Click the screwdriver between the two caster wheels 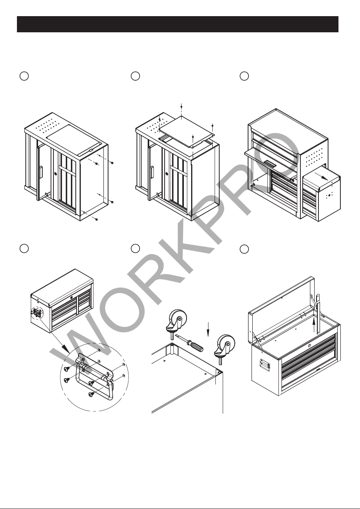click(x=189, y=343)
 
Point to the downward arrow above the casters click(x=208, y=329)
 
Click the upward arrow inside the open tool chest click(x=314, y=325)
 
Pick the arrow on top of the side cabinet click(x=321, y=176)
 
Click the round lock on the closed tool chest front click(x=72, y=297)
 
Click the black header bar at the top click(x=178, y=24)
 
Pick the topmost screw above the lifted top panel click(x=181, y=106)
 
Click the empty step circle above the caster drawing click(x=135, y=248)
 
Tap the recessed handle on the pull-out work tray click(x=271, y=163)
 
